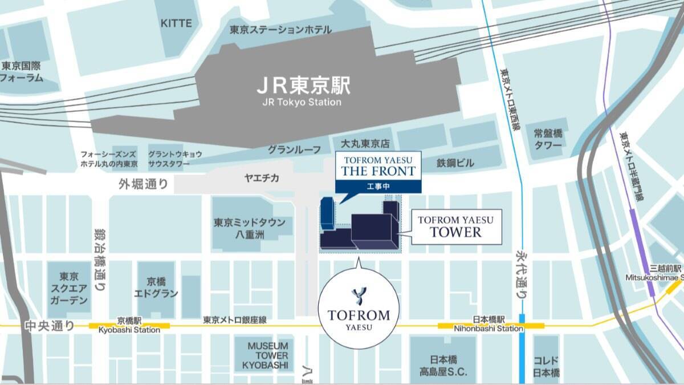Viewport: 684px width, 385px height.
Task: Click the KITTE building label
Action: (x=176, y=23)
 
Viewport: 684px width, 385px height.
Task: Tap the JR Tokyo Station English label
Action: (x=302, y=103)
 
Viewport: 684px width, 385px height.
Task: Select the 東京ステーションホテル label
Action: (x=280, y=29)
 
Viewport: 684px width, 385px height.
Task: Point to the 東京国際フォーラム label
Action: (x=22, y=72)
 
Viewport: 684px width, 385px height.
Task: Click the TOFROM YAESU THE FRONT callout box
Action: (x=377, y=165)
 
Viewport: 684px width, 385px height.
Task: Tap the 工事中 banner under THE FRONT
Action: (x=377, y=186)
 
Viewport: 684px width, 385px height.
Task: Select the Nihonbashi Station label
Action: (x=488, y=329)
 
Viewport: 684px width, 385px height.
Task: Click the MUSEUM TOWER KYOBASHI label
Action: (x=268, y=355)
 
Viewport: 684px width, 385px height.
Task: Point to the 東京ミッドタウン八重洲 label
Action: (x=250, y=228)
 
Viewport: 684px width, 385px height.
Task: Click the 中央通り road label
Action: (x=50, y=326)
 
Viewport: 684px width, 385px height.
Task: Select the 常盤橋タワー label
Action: (x=548, y=139)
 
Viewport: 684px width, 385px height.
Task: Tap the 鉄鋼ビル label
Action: (x=455, y=163)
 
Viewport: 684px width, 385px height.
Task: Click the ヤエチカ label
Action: (x=262, y=179)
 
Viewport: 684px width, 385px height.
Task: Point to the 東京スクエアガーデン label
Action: (x=68, y=287)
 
